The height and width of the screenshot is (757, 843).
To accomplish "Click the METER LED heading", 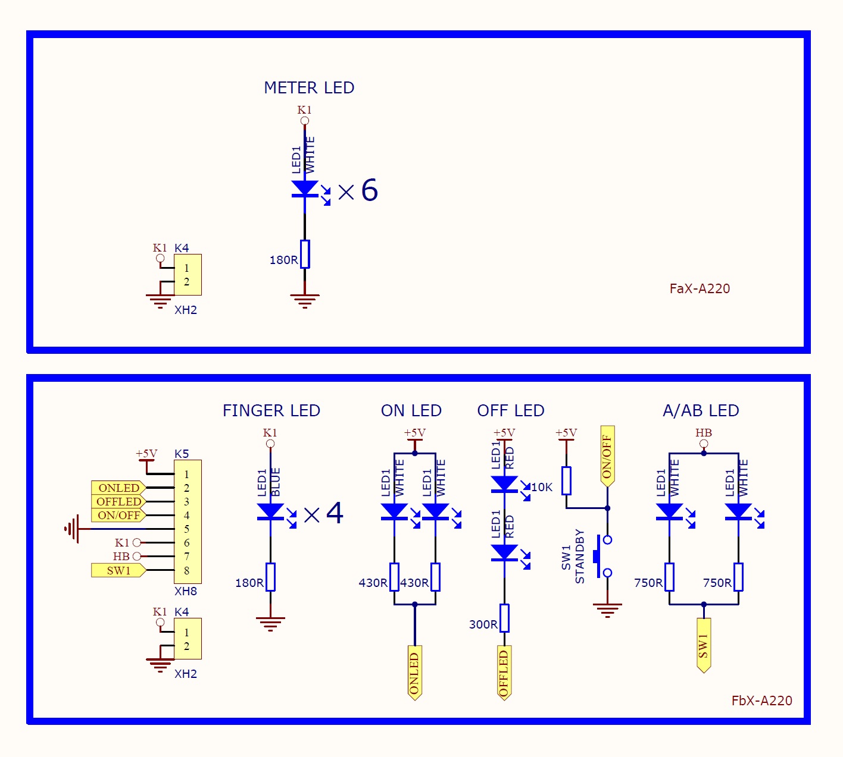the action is pos(309,88).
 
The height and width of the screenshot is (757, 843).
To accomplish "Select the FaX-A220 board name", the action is pos(700,288).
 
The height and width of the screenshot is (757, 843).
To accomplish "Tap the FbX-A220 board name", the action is pos(762,701).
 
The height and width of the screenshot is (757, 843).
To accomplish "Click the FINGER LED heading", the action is pos(271,411).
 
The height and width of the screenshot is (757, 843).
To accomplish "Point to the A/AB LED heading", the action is pos(701,411).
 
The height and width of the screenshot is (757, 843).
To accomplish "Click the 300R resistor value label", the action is pos(483,625).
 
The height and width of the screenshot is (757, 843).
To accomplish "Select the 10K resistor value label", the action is pos(542,488).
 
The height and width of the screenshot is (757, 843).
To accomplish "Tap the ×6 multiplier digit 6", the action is pos(369,190).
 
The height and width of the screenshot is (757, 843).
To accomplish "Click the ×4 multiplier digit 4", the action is pos(335,513).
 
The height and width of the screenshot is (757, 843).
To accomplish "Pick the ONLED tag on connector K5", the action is pos(119,488).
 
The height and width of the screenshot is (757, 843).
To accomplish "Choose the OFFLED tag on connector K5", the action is pos(119,502).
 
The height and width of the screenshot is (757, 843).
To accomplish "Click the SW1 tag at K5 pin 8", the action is pos(119,571).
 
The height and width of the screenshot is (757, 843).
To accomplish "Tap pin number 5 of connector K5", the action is pos(186,529).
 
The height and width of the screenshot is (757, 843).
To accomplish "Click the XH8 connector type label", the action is pos(186,592).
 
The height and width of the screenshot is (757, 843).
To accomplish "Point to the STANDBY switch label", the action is pos(580,557).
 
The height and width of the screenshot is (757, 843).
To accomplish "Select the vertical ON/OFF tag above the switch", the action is pos(607,456).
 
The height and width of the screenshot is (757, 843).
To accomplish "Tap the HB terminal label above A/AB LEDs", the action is pos(704,432).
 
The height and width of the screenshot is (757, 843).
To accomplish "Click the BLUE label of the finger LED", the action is pos(275,482).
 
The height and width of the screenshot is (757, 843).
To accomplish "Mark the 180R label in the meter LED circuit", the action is pos(283,260).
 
